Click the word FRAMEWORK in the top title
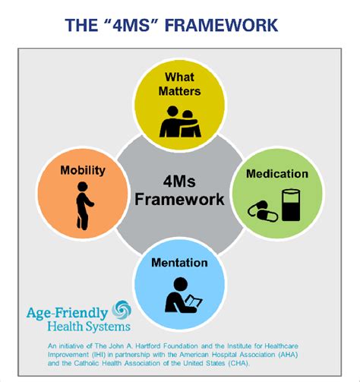[222, 25]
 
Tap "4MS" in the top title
[131, 25]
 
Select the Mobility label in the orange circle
[83, 170]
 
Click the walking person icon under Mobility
[84, 206]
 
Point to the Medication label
[277, 174]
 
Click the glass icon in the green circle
[291, 205]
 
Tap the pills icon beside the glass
[263, 211]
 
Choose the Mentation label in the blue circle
[179, 263]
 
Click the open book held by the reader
[194, 301]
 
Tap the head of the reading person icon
[181, 284]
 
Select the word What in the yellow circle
[179, 77]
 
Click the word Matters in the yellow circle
[179, 91]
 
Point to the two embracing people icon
[180, 122]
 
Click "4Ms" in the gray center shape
[179, 182]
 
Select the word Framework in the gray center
[179, 199]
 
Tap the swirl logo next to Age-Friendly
[122, 309]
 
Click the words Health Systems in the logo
[89, 327]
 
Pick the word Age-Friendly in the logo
[68, 313]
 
